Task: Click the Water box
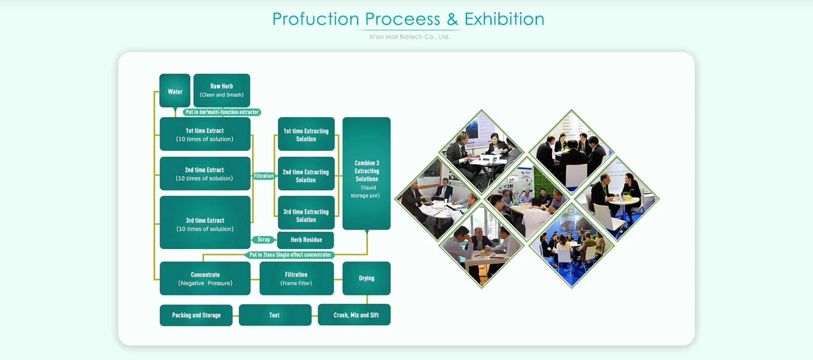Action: point(174,91)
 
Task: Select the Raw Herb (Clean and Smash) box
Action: point(221,90)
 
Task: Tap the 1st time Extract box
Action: point(205,134)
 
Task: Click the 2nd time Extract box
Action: point(205,174)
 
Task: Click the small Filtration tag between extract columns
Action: point(264,176)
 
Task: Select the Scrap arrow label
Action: point(263,240)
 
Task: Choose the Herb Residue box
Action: point(306,240)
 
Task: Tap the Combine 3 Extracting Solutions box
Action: point(366,174)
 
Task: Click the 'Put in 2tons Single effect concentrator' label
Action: point(290,255)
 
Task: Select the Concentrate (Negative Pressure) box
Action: point(205,278)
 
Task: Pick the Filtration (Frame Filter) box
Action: point(296,278)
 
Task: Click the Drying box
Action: point(366,278)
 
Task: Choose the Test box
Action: point(275,315)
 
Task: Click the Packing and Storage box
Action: point(196,315)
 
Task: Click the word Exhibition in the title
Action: point(504,19)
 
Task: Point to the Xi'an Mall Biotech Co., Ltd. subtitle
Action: point(409,37)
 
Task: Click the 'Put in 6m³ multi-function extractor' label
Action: point(222,112)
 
